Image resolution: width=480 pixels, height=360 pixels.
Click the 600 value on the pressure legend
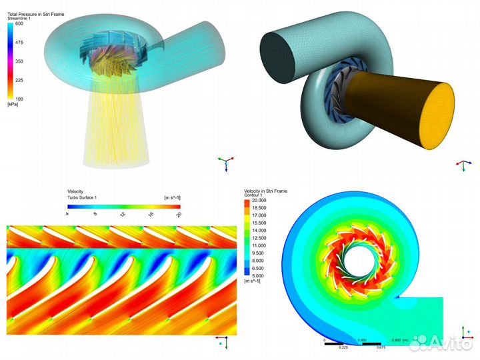(20, 23)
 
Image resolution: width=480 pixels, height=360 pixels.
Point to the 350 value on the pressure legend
(20, 61)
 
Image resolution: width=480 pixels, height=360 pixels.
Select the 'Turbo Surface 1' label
(82, 198)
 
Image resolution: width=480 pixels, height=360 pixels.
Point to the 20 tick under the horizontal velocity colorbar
(178, 214)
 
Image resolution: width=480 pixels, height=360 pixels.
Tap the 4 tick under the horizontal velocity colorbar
(68, 214)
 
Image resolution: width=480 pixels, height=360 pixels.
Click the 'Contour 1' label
(256, 196)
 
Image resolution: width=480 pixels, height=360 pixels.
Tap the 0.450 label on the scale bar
(362, 341)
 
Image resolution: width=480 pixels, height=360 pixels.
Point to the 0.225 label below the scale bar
(343, 347)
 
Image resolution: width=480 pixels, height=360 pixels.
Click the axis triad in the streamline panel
(225, 161)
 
